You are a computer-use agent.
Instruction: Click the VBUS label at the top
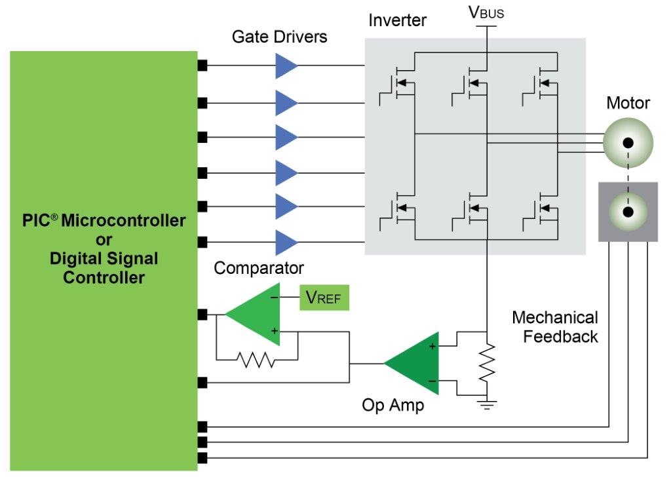pyautogui.click(x=486, y=12)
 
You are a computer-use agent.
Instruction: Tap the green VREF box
pyautogui.click(x=324, y=297)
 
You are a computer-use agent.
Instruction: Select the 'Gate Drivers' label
pyautogui.click(x=280, y=37)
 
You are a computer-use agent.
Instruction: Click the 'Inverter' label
pyautogui.click(x=397, y=20)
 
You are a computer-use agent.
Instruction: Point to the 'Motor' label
pyautogui.click(x=628, y=103)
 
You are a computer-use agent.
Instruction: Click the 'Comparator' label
pyautogui.click(x=259, y=268)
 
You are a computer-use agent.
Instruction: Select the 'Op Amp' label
pyautogui.click(x=393, y=405)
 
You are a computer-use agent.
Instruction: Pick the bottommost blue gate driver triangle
pyautogui.click(x=286, y=242)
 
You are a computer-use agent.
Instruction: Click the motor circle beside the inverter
pyautogui.click(x=628, y=142)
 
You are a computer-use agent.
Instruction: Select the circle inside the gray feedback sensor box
pyautogui.click(x=628, y=212)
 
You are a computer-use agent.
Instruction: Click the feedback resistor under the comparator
pyautogui.click(x=256, y=359)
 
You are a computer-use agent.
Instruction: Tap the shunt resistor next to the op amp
pyautogui.click(x=487, y=364)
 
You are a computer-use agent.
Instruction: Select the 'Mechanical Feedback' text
pyautogui.click(x=555, y=327)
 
